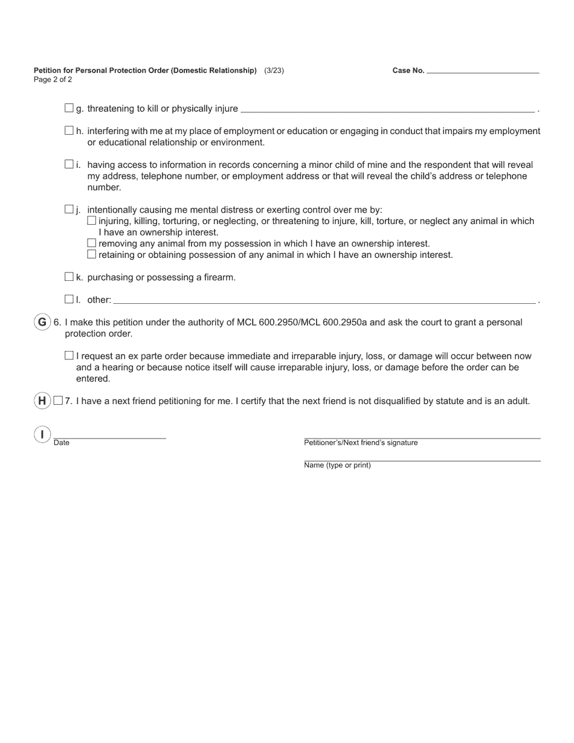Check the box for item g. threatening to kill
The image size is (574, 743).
(x=69, y=108)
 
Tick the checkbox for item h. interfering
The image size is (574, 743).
(x=69, y=130)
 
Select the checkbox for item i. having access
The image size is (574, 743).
(x=69, y=164)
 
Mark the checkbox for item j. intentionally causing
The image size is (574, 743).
(x=69, y=210)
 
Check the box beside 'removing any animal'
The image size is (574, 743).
(x=92, y=243)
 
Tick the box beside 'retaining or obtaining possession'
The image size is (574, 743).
(x=92, y=254)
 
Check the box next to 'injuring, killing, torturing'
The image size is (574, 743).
(x=92, y=220)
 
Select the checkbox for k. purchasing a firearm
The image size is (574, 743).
(x=69, y=277)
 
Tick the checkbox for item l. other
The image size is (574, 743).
(x=69, y=299)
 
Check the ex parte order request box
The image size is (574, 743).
(x=69, y=356)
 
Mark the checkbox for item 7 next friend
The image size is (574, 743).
(x=58, y=400)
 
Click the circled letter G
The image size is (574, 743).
(x=42, y=322)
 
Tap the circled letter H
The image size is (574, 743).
(x=42, y=400)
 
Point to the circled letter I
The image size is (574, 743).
(x=42, y=434)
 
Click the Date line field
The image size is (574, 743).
(x=109, y=434)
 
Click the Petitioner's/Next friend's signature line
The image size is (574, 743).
(x=422, y=434)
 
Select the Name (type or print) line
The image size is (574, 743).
(x=422, y=457)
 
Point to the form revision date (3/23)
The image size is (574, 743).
(x=274, y=71)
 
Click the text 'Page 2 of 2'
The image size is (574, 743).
(x=53, y=80)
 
